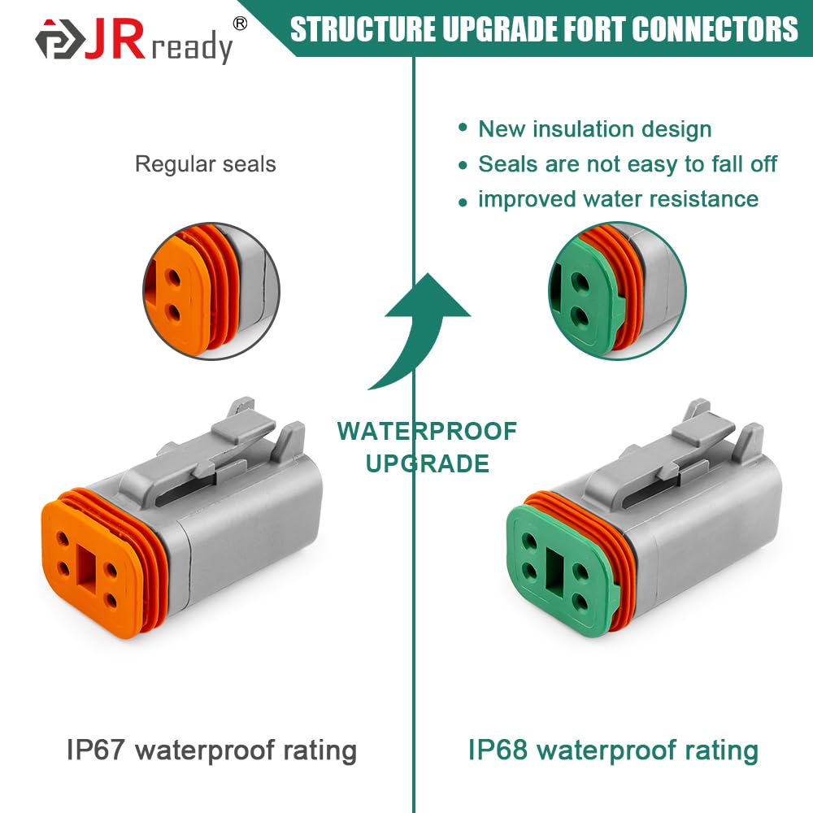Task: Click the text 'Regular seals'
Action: pos(205,164)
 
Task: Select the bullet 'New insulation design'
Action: pos(594,129)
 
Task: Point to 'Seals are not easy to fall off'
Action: pos(627,164)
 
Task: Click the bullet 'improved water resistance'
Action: pos(618,199)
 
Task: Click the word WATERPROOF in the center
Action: pos(427,431)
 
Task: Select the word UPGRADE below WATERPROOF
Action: pos(427,463)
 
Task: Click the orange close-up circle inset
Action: pos(211,292)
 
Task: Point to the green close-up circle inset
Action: pos(617,292)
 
